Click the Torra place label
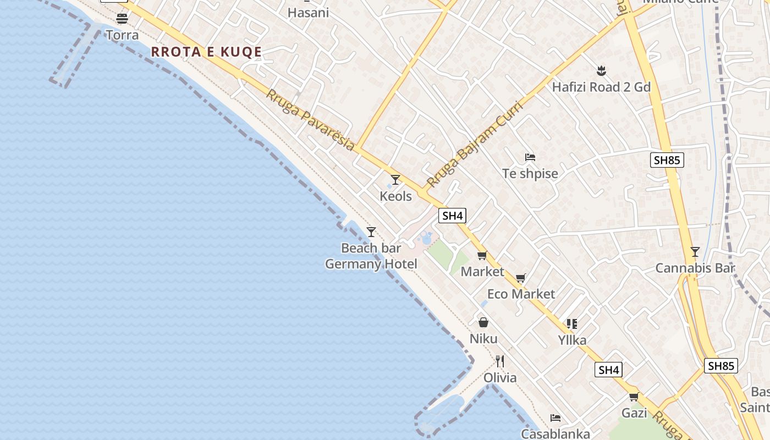pos(122,35)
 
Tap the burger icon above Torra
pos(122,19)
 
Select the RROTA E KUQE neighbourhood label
pos(206,52)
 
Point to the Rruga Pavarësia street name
pos(310,119)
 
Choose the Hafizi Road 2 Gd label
pos(601,87)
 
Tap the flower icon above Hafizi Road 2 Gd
pos(601,70)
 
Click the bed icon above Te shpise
pos(530,157)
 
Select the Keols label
pos(395,196)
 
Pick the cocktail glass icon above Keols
pos(395,180)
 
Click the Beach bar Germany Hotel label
pos(371,256)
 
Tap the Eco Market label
pos(521,294)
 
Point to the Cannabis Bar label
pos(695,268)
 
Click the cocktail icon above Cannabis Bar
pos(695,252)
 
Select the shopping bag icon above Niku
pos(483,322)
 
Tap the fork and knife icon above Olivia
pos(500,361)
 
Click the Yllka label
pos(572,340)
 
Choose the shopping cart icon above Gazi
pos(634,397)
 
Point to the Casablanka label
pos(555,434)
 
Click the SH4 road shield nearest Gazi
pos(609,370)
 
